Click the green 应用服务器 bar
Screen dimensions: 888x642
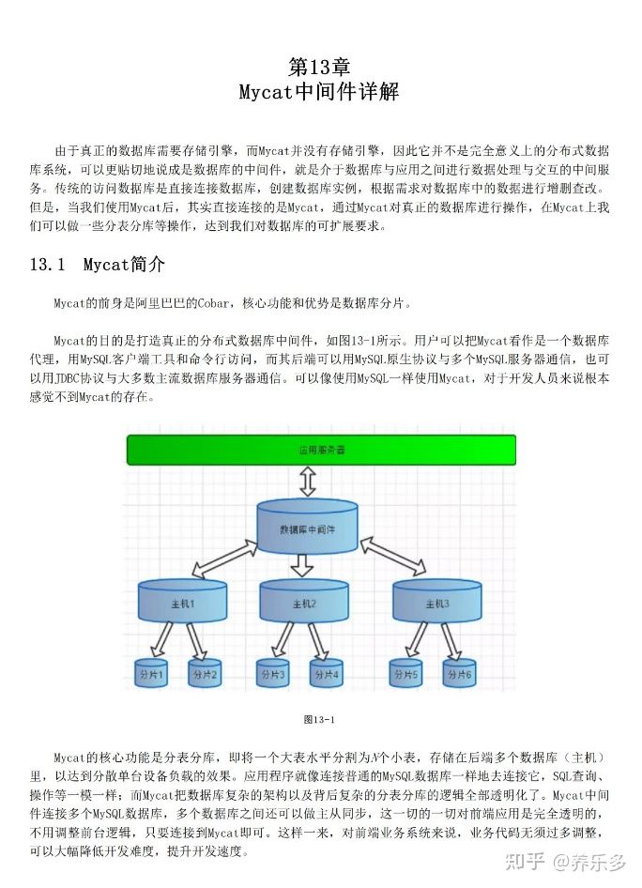pyautogui.click(x=321, y=450)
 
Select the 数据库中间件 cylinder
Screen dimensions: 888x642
pyautogui.click(x=307, y=528)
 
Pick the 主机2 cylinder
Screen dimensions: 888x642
pyautogui.click(x=303, y=602)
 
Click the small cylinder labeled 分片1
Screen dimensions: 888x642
pyautogui.click(x=150, y=674)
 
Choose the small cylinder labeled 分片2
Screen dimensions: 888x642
pyautogui.click(x=205, y=674)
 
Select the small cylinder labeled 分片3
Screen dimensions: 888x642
pyautogui.click(x=273, y=674)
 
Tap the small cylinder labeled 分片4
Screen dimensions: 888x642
pyautogui.click(x=328, y=674)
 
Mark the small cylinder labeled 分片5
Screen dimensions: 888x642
pyautogui.click(x=406, y=674)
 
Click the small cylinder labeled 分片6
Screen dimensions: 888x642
pyautogui.click(x=461, y=674)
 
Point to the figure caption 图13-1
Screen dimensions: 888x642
pyautogui.click(x=319, y=719)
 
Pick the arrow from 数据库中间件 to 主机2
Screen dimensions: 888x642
pyautogui.click(x=302, y=565)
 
